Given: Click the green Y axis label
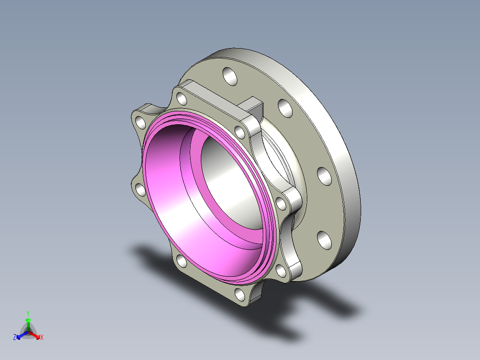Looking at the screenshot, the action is point(28,313).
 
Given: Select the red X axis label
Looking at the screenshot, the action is point(42,337).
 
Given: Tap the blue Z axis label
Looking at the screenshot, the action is point(15,337).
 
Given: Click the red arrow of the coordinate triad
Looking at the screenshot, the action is point(34,335).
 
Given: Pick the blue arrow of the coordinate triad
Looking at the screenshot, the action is point(22,335).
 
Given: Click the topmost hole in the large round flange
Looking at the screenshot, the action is point(230,76).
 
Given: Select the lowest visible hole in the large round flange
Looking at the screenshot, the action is point(324,240).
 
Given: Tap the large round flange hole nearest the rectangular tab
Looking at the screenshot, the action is point(285,108).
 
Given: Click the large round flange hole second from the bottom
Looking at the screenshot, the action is point(324,176).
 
